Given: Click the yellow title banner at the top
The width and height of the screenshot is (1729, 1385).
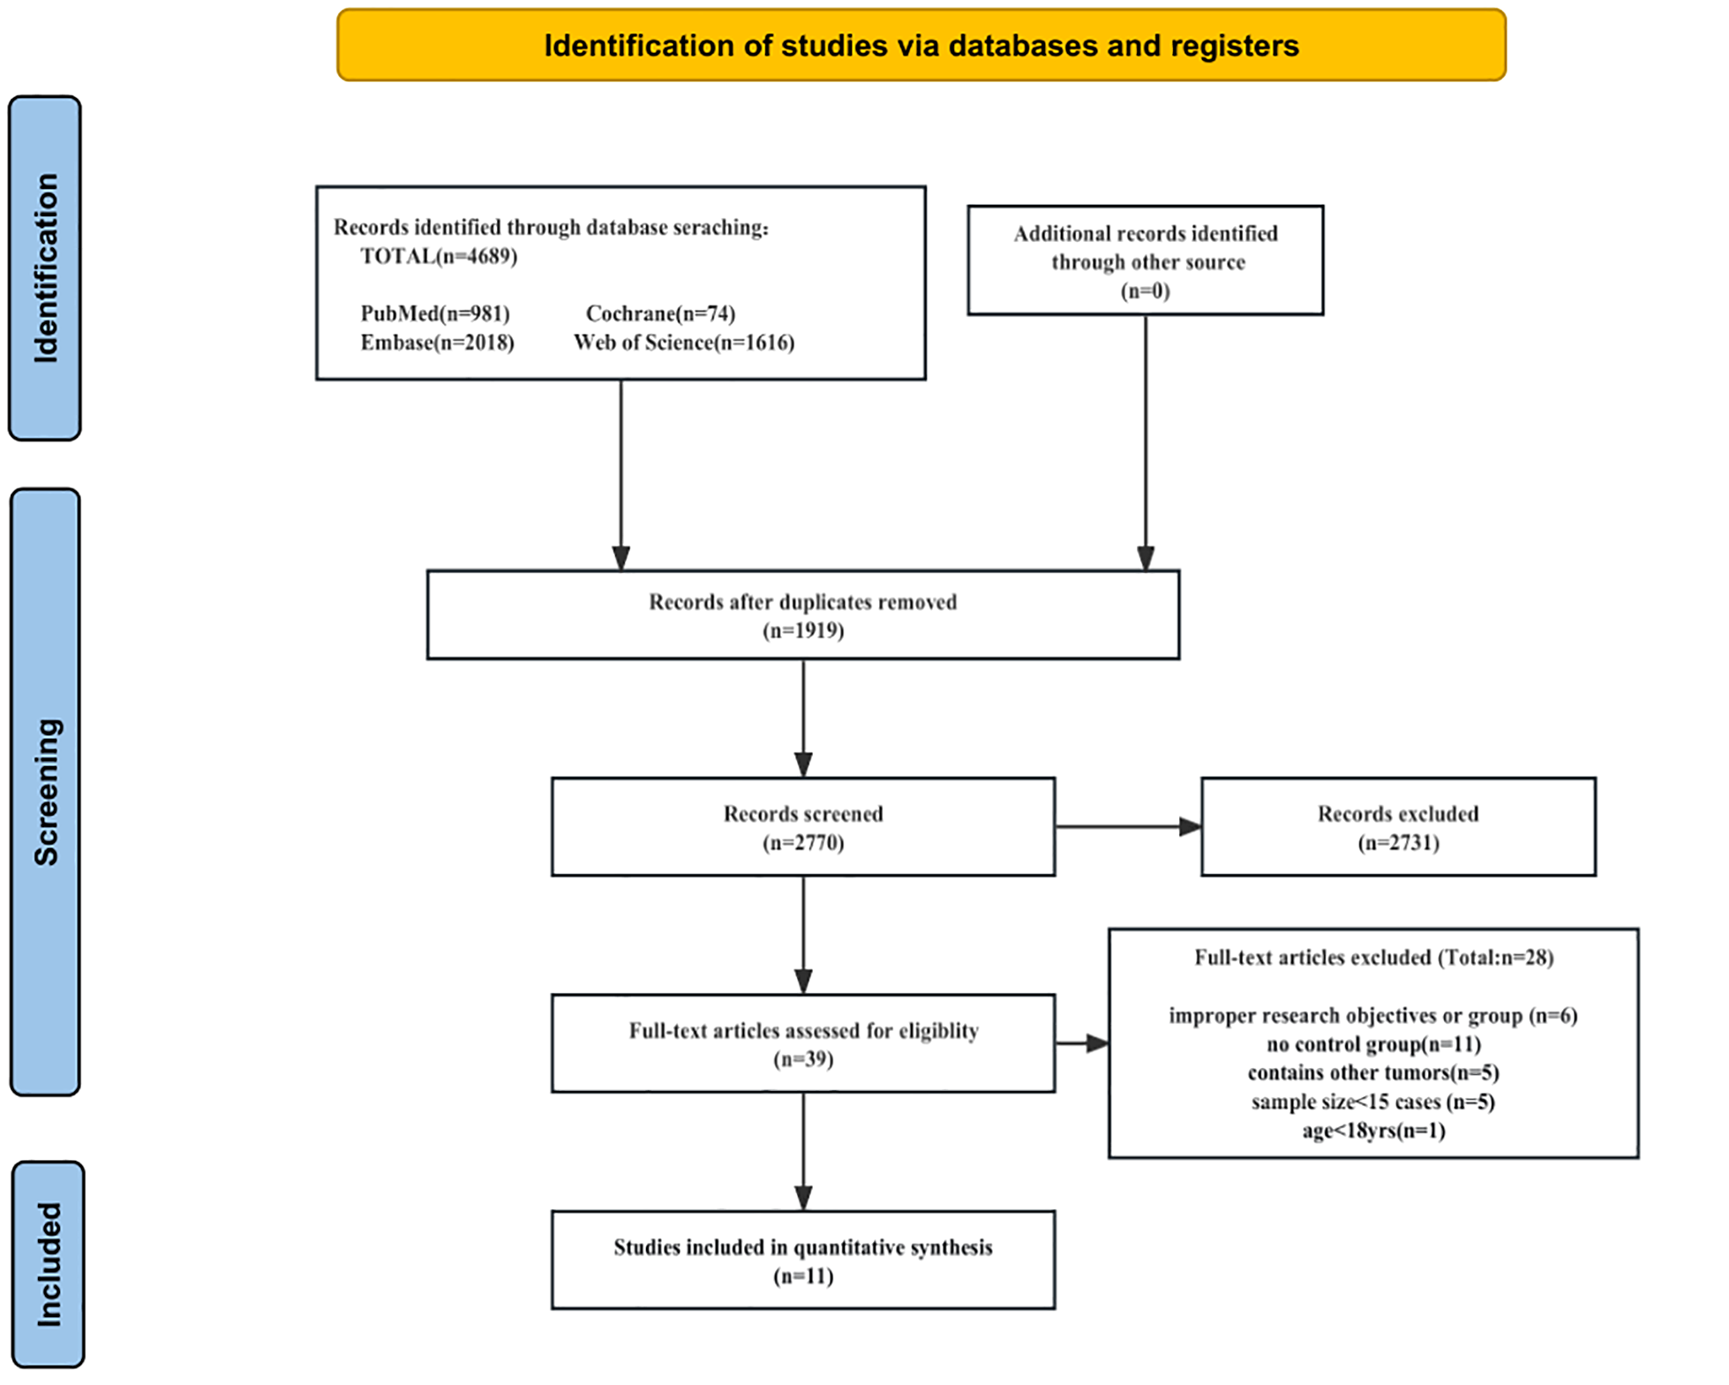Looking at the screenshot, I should point(921,46).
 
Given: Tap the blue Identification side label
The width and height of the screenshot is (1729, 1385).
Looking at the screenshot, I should point(45,267).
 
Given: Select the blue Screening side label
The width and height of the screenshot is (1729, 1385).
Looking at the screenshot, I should point(45,791).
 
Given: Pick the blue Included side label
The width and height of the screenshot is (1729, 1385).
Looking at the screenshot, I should point(49,1263).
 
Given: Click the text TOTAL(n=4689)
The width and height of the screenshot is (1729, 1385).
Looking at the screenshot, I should point(438,257).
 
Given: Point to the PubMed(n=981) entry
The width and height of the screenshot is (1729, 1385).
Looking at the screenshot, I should point(434,314).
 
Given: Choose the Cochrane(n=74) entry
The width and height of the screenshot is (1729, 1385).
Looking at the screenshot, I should point(660,314).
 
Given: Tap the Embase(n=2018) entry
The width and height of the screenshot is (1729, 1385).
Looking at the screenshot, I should point(437,342).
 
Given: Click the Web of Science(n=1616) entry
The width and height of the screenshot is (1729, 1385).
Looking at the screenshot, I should point(684,342).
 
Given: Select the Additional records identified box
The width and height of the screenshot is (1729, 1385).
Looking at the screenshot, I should point(1145,260).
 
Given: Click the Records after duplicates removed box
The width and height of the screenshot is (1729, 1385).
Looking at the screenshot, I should point(802,615).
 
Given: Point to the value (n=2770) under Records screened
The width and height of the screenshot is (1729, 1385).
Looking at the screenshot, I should point(803,843).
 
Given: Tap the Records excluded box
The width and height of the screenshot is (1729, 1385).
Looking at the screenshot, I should point(1397,827).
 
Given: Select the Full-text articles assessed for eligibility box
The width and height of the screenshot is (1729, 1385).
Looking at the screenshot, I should point(802,1043).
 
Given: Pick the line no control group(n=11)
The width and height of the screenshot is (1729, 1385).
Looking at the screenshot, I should point(1373,1044).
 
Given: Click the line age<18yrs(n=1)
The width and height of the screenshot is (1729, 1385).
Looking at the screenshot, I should point(1373,1131).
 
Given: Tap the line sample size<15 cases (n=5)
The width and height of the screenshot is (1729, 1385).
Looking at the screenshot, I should point(1373,1102).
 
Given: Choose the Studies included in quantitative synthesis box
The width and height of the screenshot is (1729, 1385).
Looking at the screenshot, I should point(802,1260).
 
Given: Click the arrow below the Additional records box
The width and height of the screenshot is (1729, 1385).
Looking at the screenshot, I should point(1146,441).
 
